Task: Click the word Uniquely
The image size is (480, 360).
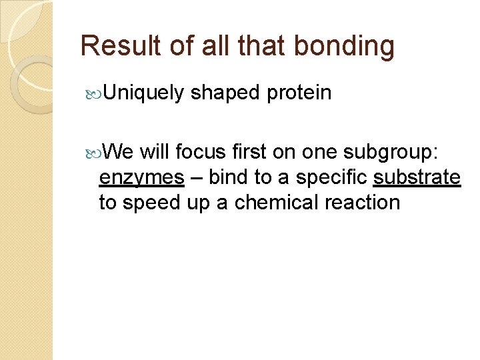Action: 143,93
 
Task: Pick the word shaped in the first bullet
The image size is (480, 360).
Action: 225,93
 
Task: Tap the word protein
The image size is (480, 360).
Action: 299,93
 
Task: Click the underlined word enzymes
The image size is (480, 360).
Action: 141,178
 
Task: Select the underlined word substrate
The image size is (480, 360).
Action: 417,177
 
